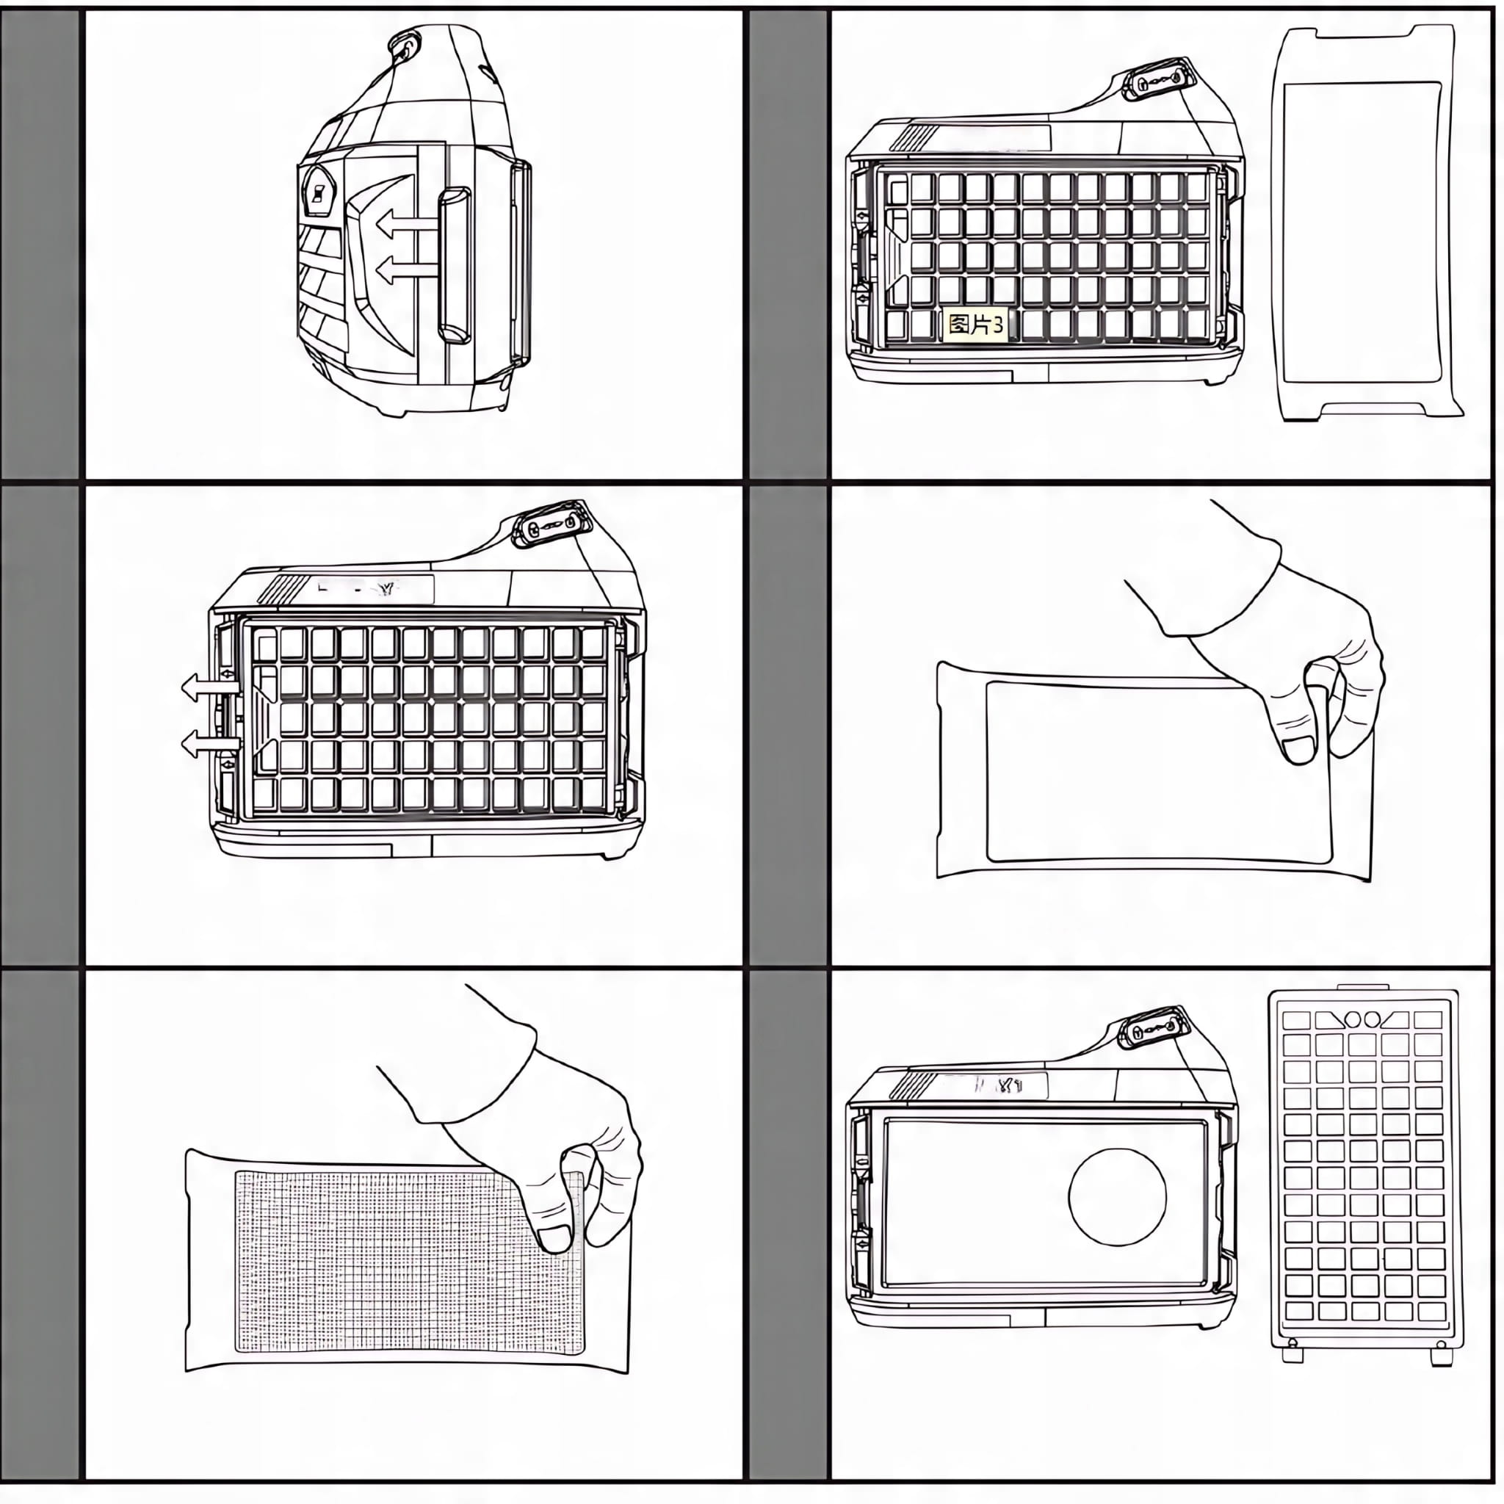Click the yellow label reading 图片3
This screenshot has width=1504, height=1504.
974,325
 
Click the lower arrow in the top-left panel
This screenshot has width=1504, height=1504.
402,272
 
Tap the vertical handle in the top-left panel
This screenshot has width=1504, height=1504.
455,265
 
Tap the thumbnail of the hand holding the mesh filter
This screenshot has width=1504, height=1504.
555,1237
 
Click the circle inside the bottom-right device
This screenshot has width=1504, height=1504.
1117,1196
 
